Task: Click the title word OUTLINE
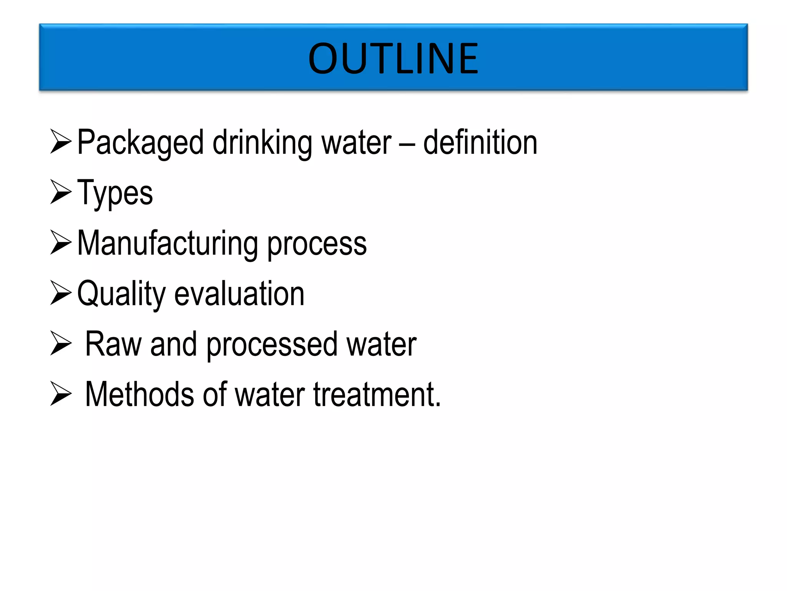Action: click(x=393, y=58)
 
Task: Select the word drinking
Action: click(x=262, y=143)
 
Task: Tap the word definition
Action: click(x=480, y=142)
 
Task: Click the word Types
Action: click(x=115, y=194)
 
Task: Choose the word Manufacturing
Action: click(x=168, y=244)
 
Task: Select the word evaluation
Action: click(x=239, y=294)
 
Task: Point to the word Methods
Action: click(x=139, y=394)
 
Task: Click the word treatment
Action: click(x=377, y=394)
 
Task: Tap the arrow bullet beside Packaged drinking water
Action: click(x=61, y=141)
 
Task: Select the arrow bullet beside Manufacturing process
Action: click(x=61, y=242)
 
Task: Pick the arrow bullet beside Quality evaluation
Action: click(x=61, y=292)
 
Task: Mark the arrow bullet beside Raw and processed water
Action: click(x=61, y=343)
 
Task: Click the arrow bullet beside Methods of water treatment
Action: click(x=61, y=393)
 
